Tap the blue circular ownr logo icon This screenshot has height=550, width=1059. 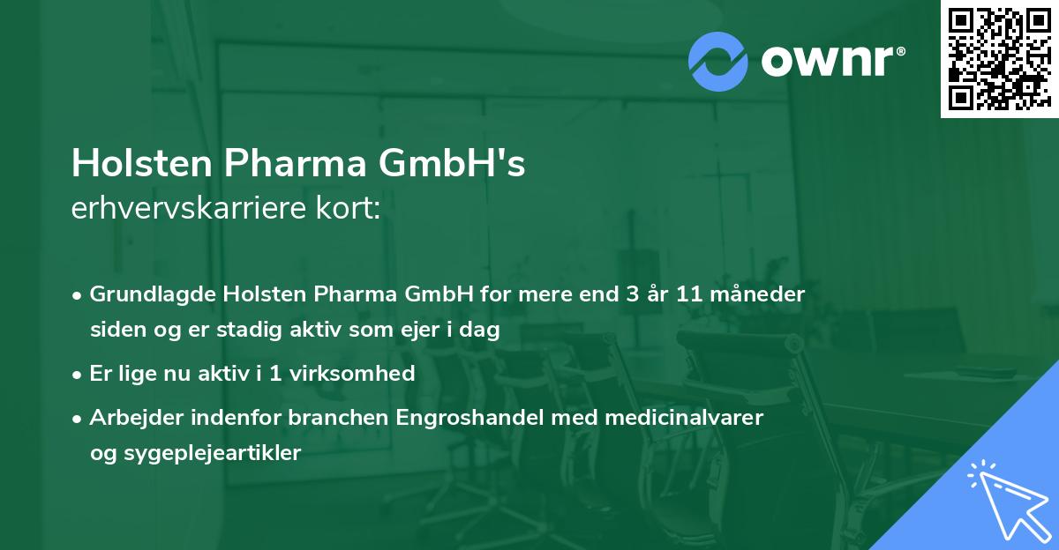click(x=718, y=61)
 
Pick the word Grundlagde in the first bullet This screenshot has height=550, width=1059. click(x=147, y=294)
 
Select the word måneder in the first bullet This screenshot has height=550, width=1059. click(x=762, y=294)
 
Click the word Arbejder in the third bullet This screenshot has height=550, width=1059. click(x=131, y=418)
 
